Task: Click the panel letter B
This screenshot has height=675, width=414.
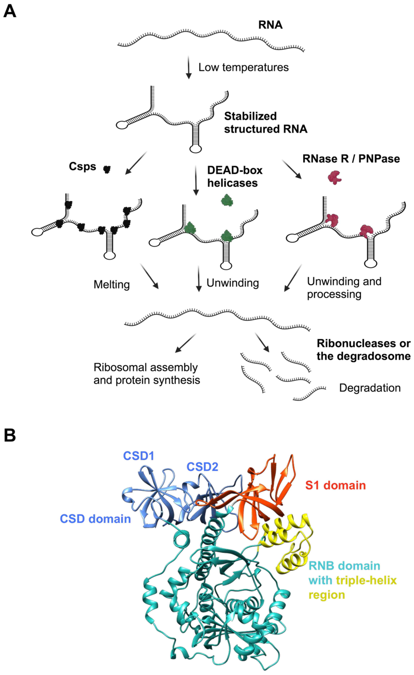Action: tap(10, 435)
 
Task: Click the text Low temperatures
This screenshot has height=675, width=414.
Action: tap(243, 67)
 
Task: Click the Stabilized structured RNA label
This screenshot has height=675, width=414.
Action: tap(265, 123)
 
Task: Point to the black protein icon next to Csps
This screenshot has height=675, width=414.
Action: tap(107, 169)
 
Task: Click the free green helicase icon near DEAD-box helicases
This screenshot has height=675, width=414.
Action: tap(227, 200)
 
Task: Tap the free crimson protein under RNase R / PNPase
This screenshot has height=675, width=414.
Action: tap(334, 177)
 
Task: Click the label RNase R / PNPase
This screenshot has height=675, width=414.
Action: tap(351, 159)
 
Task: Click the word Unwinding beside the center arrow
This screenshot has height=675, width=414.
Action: tap(233, 283)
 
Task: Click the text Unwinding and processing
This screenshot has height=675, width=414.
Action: tap(344, 288)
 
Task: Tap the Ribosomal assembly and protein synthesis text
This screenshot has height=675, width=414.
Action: tap(147, 374)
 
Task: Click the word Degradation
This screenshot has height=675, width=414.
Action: tap(370, 388)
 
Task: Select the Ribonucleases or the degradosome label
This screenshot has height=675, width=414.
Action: tap(363, 350)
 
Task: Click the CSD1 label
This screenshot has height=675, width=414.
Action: tap(139, 456)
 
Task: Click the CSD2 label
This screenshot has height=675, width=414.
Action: tap(202, 467)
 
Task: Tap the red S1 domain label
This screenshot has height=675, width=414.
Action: tap(335, 485)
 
